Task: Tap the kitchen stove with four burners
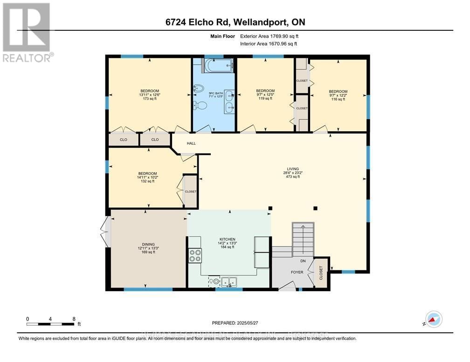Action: tap(195, 256)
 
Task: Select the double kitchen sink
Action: tap(229, 281)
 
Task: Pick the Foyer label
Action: tap(297, 272)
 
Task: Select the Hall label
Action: tap(191, 143)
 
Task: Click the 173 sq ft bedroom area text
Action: tap(150, 99)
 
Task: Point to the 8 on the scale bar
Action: tap(73, 319)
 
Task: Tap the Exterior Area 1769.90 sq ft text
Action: tap(268, 36)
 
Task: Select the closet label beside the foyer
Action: tap(321, 271)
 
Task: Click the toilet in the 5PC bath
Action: tap(201, 106)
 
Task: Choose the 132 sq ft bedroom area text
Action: tap(147, 181)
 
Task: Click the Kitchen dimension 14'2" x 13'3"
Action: tap(228, 243)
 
